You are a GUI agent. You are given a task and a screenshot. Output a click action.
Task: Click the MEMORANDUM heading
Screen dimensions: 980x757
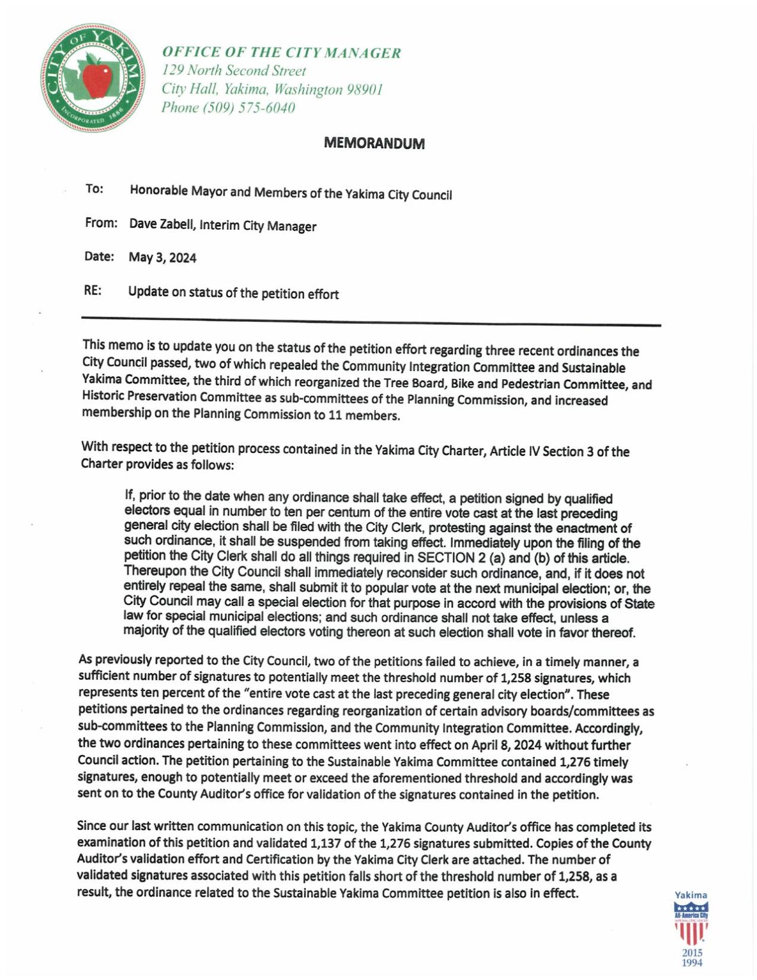point(374,144)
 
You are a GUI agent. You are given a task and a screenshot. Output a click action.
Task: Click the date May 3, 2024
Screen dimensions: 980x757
point(162,258)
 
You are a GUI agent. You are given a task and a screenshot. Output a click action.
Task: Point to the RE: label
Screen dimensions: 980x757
point(92,291)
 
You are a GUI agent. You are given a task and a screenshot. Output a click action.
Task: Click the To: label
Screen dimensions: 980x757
point(94,189)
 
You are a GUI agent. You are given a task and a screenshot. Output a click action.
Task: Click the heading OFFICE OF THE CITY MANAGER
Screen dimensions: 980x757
point(281,53)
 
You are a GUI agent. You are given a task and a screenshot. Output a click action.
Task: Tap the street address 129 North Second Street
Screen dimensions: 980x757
point(234,71)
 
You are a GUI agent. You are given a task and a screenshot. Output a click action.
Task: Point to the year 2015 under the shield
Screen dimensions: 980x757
point(692,952)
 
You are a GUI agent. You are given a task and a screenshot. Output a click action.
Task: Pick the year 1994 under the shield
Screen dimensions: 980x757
point(692,963)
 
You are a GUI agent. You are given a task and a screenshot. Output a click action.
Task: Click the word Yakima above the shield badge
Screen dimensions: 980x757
point(691,895)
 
